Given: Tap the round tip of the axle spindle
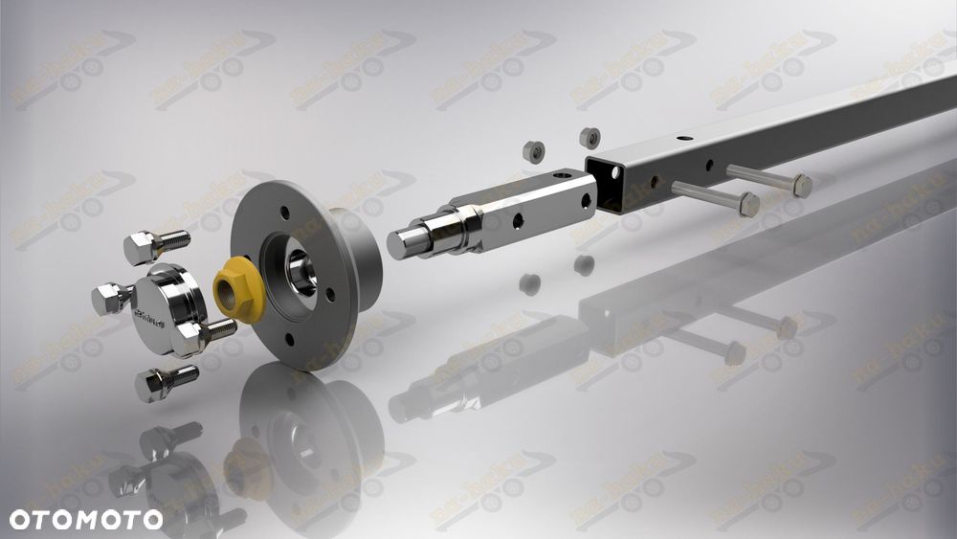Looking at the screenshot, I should pos(402,242).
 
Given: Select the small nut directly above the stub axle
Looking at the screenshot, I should pos(533,151).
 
